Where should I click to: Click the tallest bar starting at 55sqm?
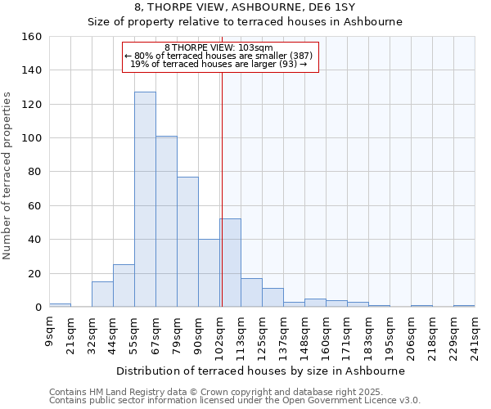click(145, 200)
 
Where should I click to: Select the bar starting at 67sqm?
click(166, 222)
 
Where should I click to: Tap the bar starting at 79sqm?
click(187, 242)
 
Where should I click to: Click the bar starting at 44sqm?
click(124, 285)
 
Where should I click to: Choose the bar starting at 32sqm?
click(102, 294)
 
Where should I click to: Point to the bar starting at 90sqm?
click(209, 273)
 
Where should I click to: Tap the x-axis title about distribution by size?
click(261, 371)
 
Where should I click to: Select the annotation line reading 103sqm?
click(218, 48)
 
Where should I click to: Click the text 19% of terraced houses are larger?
click(218, 64)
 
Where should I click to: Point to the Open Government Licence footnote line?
click(235, 400)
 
